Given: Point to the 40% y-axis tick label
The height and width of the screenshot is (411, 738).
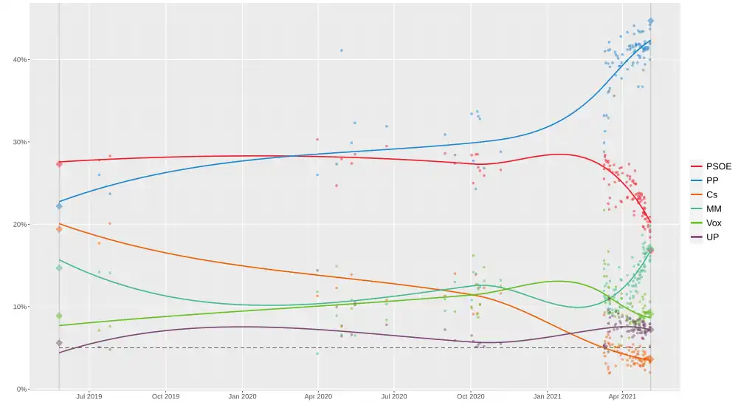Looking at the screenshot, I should coord(18,59).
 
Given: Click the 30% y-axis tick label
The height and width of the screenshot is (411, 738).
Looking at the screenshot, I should coord(18,142).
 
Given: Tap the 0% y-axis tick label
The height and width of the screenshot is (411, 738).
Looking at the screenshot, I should coord(21,389).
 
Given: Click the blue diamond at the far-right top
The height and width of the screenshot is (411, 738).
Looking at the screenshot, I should coord(650,21).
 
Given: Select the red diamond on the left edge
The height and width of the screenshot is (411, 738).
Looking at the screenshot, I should coord(59,163).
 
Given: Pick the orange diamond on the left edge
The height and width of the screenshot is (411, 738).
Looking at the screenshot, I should coord(59,229).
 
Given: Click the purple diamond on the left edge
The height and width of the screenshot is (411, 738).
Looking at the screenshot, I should coord(59,343).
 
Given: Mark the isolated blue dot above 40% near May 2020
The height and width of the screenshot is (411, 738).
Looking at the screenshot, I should coord(341,50).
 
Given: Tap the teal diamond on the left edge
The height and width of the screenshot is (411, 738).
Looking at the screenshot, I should coord(59,268).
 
